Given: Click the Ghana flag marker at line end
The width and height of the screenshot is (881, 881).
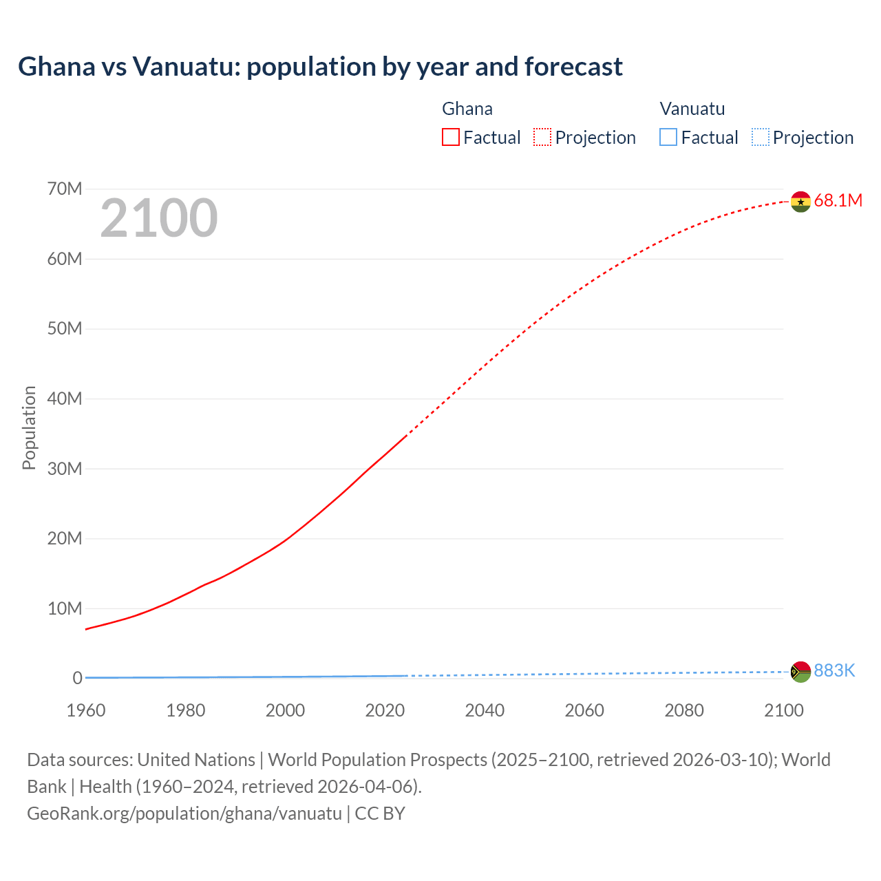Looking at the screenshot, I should pos(800,202).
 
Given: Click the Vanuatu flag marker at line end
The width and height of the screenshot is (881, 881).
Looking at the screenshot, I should pos(800,672).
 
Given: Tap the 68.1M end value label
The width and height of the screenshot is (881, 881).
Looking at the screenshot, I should pos(838,200).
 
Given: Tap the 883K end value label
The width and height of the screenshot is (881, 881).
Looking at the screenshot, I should pos(834,670).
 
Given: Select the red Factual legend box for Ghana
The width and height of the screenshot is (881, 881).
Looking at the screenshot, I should pos(450,137).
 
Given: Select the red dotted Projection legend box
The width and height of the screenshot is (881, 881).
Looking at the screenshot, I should pos(542,137).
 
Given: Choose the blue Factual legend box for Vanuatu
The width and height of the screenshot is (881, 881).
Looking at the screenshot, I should pos(668,137).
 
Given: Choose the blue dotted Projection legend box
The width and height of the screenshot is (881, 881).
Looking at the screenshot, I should pos(761,137).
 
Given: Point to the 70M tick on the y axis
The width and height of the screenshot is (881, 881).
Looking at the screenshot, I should pos(65,189).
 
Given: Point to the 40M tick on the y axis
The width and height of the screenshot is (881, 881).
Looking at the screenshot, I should pos(65,399).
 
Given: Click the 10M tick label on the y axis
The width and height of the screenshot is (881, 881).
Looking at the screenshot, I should pos(65,608).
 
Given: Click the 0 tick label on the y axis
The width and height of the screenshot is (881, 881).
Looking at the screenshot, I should pos(77,678).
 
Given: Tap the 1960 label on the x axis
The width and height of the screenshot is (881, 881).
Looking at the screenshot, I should pos(86,710).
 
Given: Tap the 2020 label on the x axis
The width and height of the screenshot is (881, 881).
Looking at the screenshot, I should pos(385,710).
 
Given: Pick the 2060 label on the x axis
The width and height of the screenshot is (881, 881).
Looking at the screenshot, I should pos(584,710).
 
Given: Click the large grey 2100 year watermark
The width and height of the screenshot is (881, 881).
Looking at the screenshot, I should pos(159,218).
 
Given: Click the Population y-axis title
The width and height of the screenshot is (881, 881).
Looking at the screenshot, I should pos(29,427).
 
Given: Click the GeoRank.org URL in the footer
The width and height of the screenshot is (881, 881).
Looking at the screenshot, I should pos(184,813).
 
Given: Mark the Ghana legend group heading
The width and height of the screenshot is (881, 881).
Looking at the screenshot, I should pos(467,109).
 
